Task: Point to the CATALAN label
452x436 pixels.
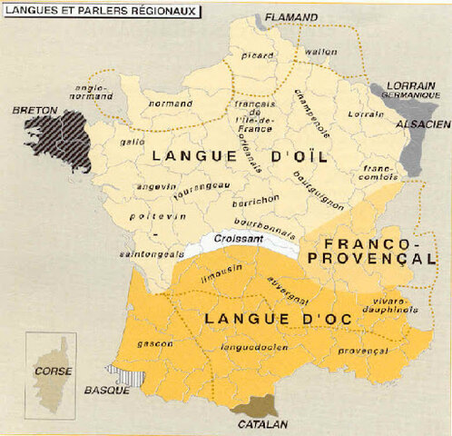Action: point(264,423)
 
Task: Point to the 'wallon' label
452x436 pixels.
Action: point(315,52)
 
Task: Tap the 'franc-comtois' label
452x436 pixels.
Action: point(379,172)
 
